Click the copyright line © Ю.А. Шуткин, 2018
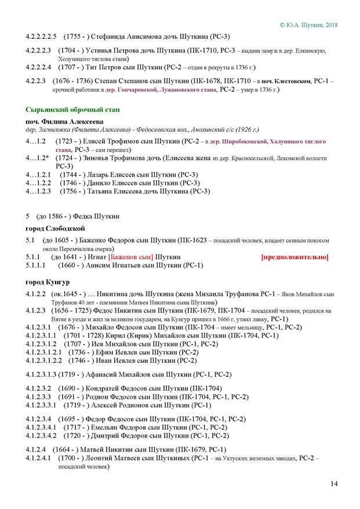[x=308, y=25]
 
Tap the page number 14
[x=334, y=484]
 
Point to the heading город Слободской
[x=55, y=228]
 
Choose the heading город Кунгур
[x=48, y=281]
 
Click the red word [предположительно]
[x=294, y=257]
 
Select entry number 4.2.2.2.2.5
[x=42, y=37]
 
